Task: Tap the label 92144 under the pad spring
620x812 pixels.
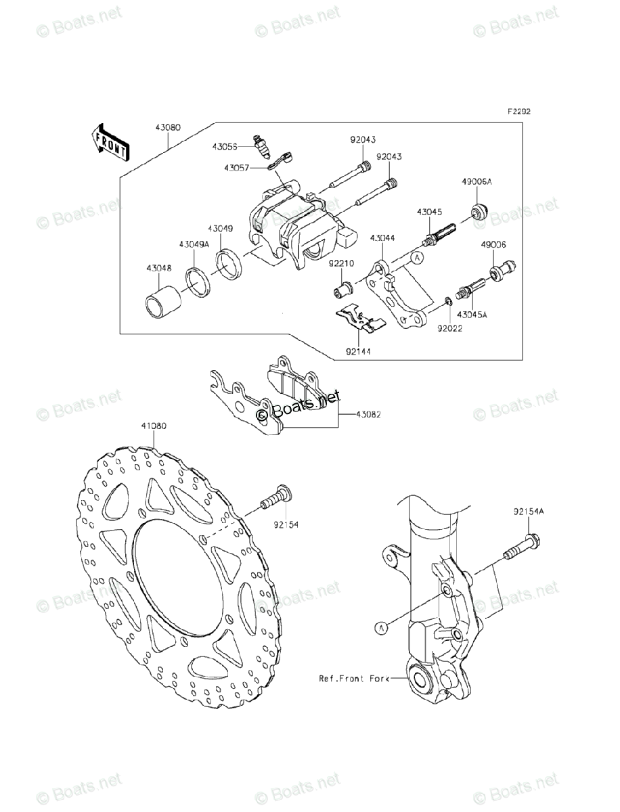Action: click(x=357, y=352)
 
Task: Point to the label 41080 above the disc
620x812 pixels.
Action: click(x=154, y=426)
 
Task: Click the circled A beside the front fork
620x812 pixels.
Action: click(x=382, y=629)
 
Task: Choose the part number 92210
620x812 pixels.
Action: click(x=342, y=265)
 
